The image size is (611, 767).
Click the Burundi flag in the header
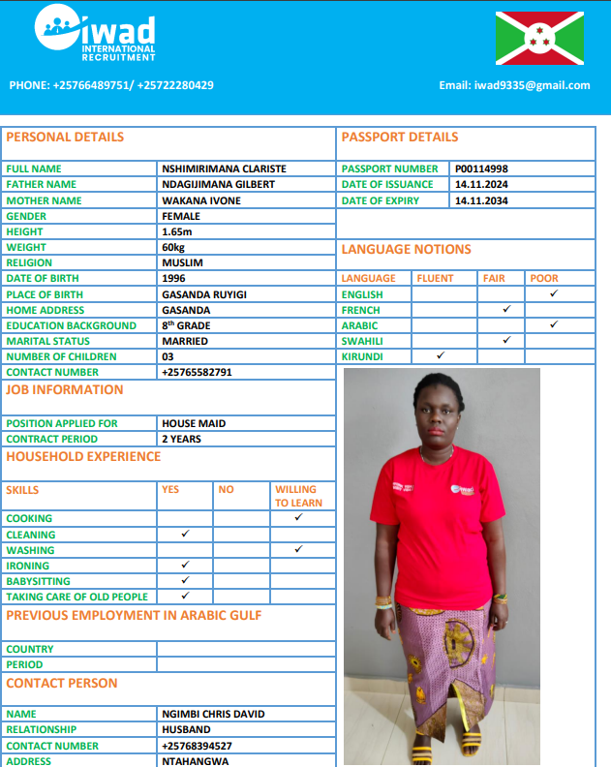tap(539, 38)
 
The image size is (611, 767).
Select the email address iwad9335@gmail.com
tap(514, 85)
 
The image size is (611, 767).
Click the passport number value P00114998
tap(481, 169)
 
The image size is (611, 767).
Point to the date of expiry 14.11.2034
tap(481, 200)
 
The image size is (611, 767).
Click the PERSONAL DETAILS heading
tap(65, 138)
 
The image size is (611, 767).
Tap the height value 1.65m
tap(177, 231)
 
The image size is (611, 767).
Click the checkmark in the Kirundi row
tap(440, 356)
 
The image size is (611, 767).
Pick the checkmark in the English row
tap(554, 293)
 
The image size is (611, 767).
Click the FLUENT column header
tap(435, 278)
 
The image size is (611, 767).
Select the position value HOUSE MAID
tap(195, 423)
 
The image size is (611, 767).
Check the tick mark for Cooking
tap(298, 518)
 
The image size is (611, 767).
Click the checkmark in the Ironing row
tap(185, 565)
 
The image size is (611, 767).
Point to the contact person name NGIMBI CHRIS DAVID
tap(213, 714)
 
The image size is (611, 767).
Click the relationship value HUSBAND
tap(186, 729)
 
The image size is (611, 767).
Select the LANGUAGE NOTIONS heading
tap(406, 250)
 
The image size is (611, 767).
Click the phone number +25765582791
tap(198, 372)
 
